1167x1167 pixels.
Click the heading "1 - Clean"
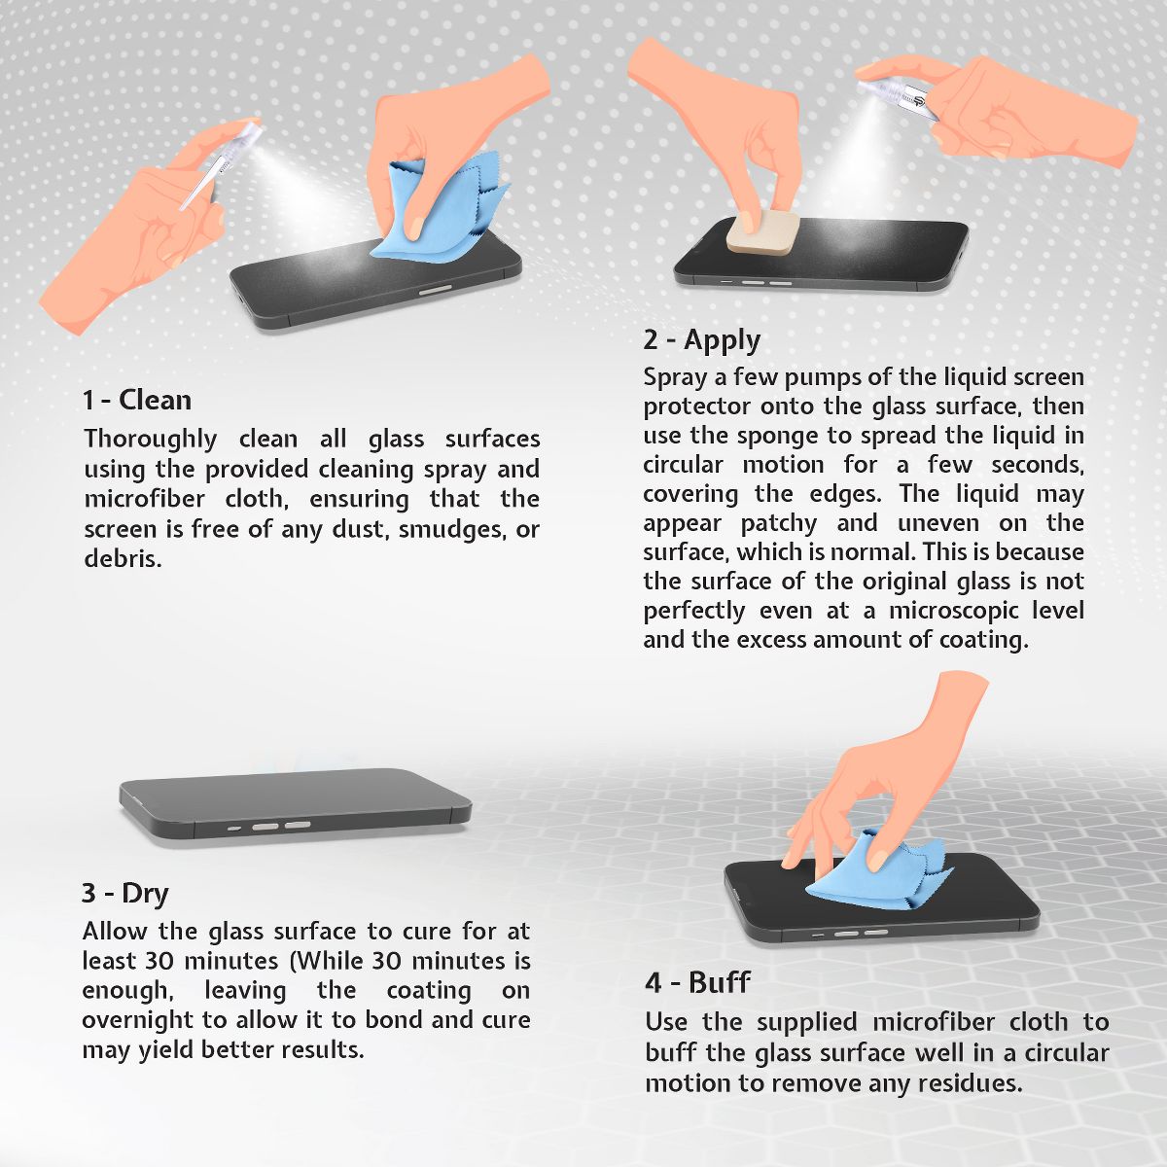137,401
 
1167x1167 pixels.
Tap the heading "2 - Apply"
702,340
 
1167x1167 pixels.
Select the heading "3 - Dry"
125,893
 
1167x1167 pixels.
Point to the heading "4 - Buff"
697,981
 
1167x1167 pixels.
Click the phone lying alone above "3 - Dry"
295,805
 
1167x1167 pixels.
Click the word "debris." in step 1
123,558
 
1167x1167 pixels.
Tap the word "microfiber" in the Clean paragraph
144,499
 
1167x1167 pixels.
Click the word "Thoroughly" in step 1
150,440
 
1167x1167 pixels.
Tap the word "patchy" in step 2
778,524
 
